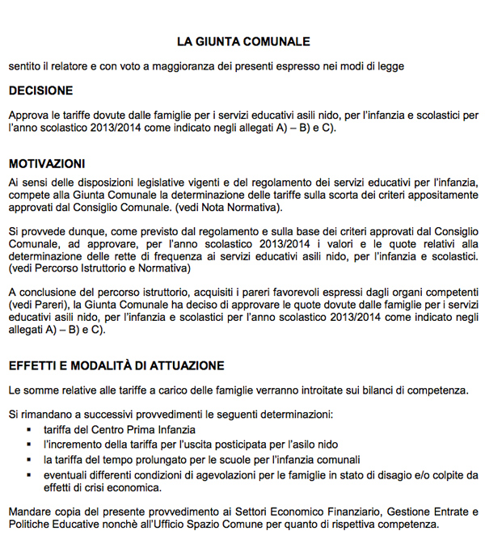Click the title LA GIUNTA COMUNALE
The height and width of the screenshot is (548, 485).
click(243, 41)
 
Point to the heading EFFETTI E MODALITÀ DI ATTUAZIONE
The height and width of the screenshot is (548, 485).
click(116, 366)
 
